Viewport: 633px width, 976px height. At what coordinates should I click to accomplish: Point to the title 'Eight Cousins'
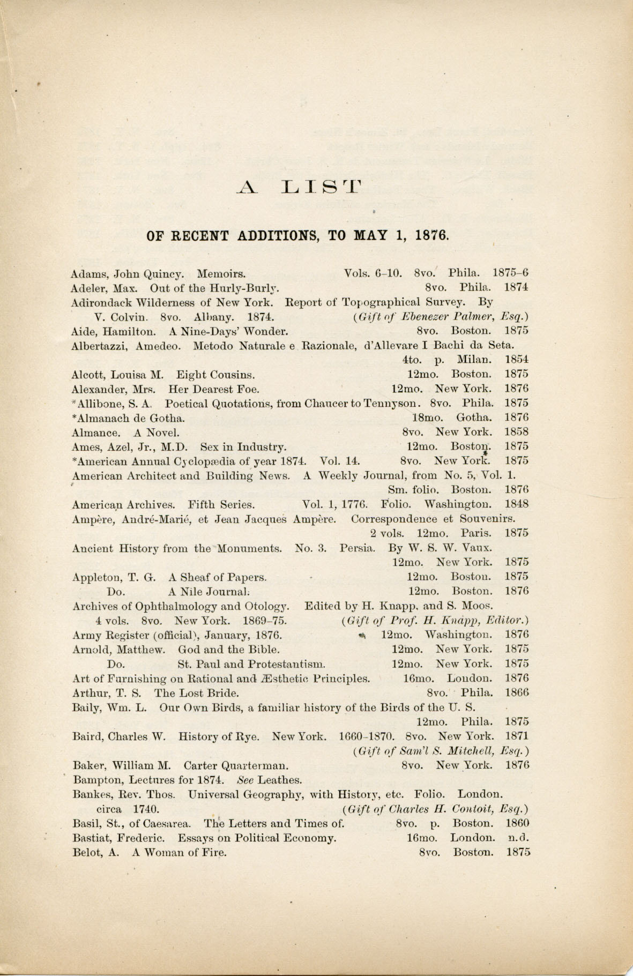[x=215, y=374]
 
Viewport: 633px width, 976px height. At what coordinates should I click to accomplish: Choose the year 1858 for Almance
[x=517, y=431]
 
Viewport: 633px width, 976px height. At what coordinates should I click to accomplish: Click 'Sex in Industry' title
[x=243, y=446]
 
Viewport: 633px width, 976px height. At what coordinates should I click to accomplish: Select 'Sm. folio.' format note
[x=413, y=489]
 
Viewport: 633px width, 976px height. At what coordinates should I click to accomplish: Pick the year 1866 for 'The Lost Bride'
[x=517, y=692]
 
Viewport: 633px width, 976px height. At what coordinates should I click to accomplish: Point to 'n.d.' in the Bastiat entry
[x=518, y=838]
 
